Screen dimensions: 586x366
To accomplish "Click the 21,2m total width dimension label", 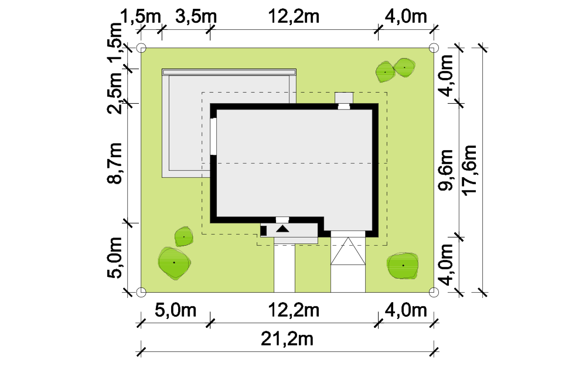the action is point(287,339).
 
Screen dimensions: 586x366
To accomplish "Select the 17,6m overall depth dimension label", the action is point(469,170).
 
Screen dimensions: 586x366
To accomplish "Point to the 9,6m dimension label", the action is point(445,170).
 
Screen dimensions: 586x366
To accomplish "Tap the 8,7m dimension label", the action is point(114,163).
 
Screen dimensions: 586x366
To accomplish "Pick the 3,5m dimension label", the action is point(196,16).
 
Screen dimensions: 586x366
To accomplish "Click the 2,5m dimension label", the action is point(114,93).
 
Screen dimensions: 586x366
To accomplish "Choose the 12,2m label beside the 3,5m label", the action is point(294,16).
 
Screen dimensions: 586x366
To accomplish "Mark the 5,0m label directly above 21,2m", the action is point(175,310).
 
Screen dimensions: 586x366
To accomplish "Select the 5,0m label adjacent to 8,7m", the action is point(114,257).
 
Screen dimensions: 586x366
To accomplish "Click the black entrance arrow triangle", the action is point(283,229).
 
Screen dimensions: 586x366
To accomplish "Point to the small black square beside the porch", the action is point(264,231).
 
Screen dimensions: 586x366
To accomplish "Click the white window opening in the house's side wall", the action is point(213,136).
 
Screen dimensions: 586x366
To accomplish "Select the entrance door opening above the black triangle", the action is point(282,220).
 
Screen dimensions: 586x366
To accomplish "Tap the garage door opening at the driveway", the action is point(348,234).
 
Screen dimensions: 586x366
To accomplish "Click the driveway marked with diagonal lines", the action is point(348,265).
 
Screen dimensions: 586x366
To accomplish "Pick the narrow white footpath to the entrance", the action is point(284,268).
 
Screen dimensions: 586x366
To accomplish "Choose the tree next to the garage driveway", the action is point(403,265).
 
